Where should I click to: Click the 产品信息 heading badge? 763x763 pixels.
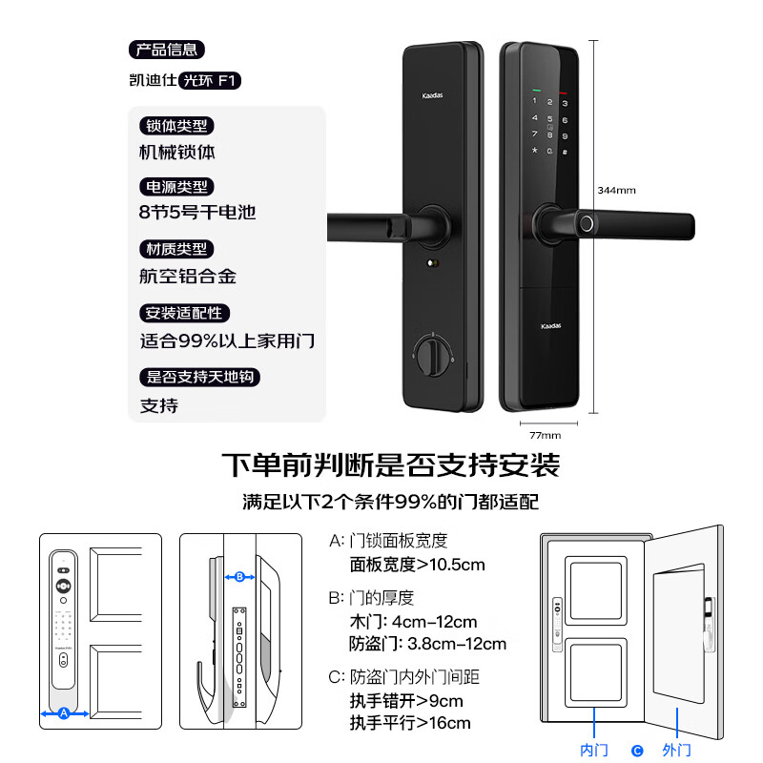(x=166, y=50)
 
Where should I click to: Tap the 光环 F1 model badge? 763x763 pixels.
(x=210, y=81)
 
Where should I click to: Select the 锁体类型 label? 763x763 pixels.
(x=176, y=126)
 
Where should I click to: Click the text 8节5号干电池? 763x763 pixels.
(x=197, y=212)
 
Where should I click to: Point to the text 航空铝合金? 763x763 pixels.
(x=188, y=277)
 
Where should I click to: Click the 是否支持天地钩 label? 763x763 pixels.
(x=199, y=377)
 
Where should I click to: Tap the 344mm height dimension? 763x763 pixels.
(x=616, y=190)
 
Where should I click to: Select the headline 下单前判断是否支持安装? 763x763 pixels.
(x=390, y=465)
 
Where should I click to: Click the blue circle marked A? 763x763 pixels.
(x=64, y=712)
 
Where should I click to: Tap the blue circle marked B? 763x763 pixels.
(x=240, y=576)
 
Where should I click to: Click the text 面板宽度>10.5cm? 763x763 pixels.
(x=417, y=565)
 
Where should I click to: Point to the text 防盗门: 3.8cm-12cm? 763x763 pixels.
(x=428, y=644)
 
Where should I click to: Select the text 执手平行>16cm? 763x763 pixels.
(x=410, y=723)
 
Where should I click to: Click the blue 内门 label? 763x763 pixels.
(x=594, y=751)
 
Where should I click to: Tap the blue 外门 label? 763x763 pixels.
(x=676, y=751)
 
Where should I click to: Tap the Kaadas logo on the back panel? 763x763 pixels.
(x=434, y=96)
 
